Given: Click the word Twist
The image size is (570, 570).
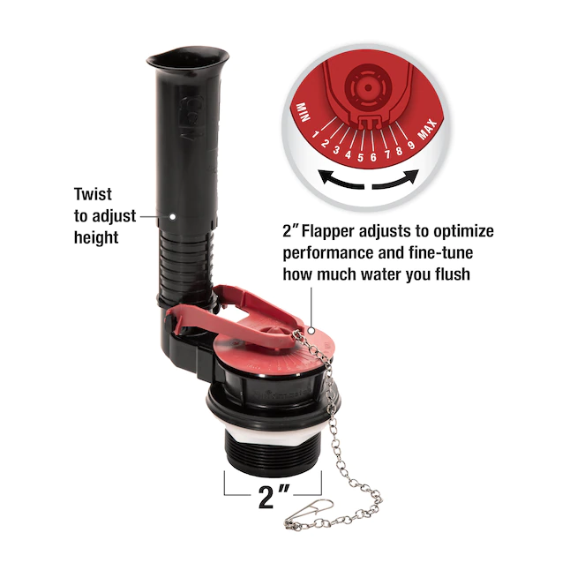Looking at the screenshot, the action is pyautogui.click(x=93, y=194).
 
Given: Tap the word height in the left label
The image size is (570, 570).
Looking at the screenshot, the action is pyautogui.click(x=96, y=237).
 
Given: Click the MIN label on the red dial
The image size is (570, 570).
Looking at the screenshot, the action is pyautogui.click(x=303, y=112).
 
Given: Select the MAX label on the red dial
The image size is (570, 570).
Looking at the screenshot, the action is pyautogui.click(x=428, y=130).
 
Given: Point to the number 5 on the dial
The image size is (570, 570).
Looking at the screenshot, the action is pyautogui.click(x=360, y=157).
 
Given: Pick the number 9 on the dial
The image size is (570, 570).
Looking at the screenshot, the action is pyautogui.click(x=411, y=145).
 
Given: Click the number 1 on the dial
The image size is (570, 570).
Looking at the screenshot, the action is pyautogui.click(x=315, y=135).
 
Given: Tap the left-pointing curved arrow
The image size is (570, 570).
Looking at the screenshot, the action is pyautogui.click(x=341, y=181).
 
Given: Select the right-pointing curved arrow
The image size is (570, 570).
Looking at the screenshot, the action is pyautogui.click(x=395, y=180).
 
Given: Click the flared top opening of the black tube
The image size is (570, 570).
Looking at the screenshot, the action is pyautogui.click(x=188, y=58).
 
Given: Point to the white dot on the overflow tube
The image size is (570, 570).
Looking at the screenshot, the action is pyautogui.click(x=173, y=216).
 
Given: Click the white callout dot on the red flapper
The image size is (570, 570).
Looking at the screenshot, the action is pyautogui.click(x=311, y=330).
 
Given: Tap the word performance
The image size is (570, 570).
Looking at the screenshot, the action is pyautogui.click(x=328, y=253).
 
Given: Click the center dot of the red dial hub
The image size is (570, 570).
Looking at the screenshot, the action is pyautogui.click(x=368, y=87).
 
